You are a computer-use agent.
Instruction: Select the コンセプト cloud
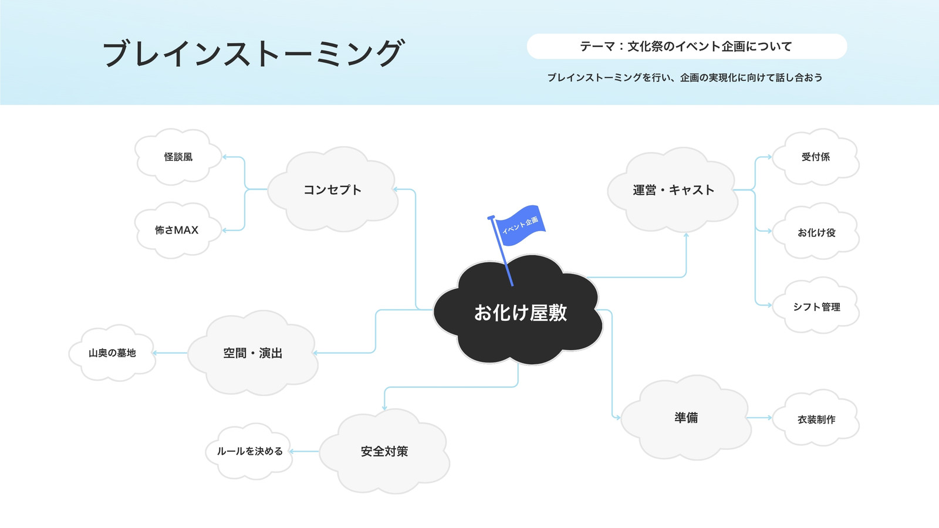pos(333,189)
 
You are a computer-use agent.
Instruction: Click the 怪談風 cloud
pos(178,157)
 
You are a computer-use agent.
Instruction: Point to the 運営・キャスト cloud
pos(673,190)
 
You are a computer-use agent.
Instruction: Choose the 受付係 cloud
pos(816,157)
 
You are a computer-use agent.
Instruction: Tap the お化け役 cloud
pos(816,231)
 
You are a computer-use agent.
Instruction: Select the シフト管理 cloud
pos(816,306)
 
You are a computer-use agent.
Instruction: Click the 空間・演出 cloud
pos(253,353)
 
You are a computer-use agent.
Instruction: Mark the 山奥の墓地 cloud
pos(112,353)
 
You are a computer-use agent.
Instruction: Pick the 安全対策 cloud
pos(384,451)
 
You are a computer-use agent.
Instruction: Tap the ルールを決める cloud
pos(249,451)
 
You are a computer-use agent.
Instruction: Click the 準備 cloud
pos(686,417)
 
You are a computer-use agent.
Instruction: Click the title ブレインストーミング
pos(254,53)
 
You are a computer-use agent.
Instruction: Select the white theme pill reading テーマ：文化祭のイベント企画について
pos(687,46)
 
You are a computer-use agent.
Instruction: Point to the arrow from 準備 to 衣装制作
pos(759,417)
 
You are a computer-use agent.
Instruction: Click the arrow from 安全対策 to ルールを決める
pos(304,451)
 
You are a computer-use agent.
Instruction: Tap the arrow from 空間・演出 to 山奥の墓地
pos(170,353)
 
